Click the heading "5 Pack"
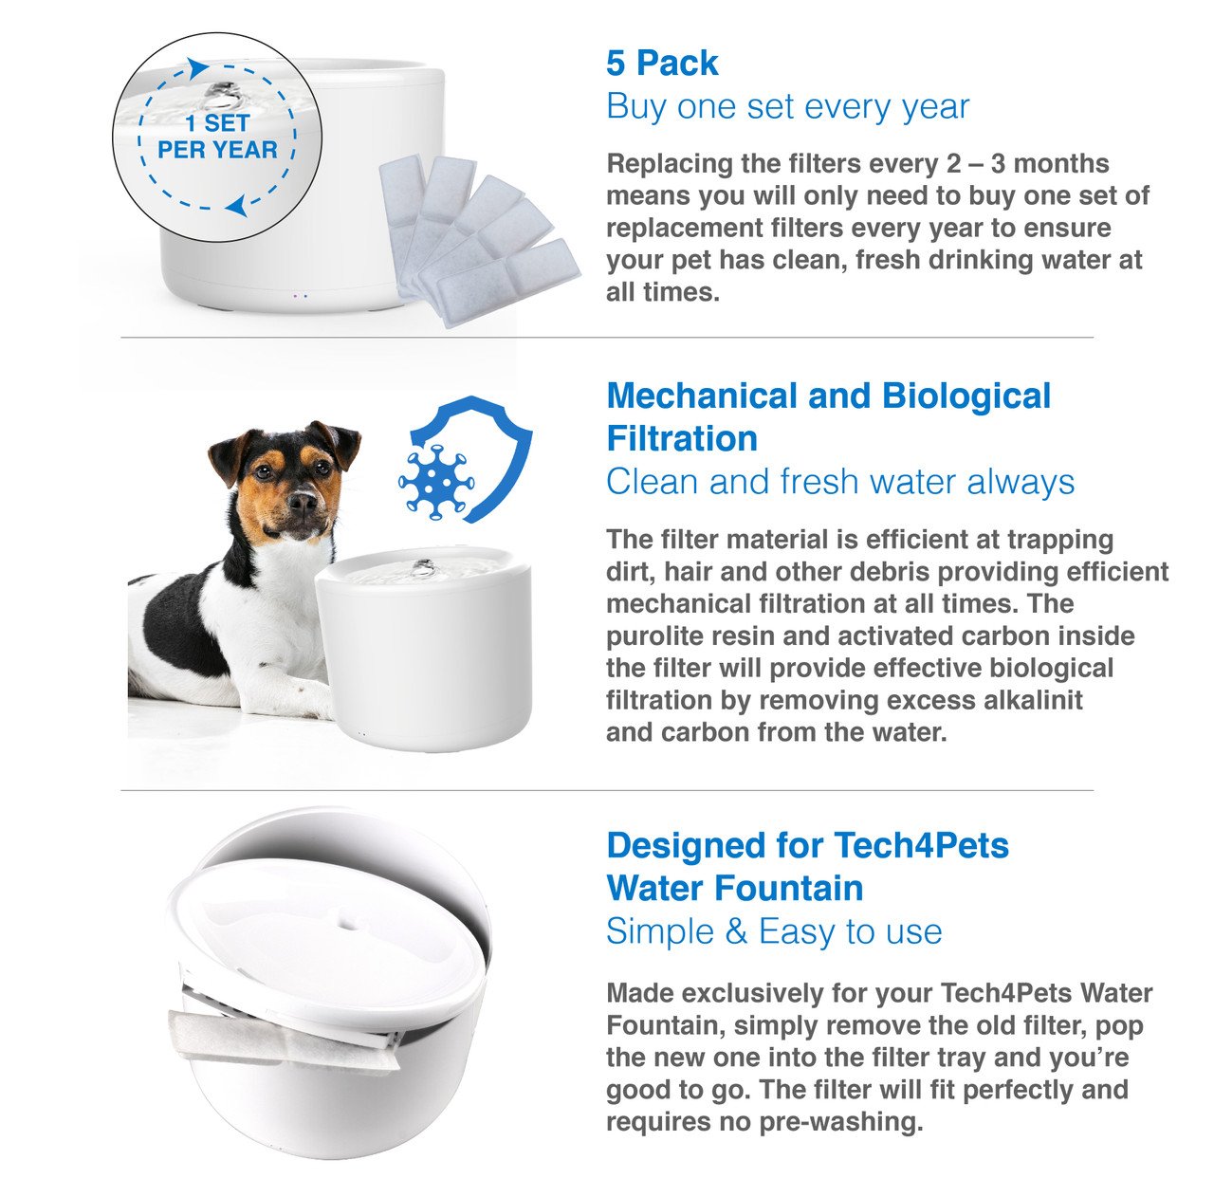(662, 64)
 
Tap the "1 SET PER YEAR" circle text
(217, 137)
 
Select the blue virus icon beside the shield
(434, 482)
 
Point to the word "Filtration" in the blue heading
(682, 438)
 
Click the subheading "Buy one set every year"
(787, 106)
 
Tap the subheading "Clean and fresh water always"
(839, 482)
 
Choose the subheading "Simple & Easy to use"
(773, 931)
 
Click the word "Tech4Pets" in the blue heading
(921, 844)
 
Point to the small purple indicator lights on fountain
(301, 296)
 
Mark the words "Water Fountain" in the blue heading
(734, 888)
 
